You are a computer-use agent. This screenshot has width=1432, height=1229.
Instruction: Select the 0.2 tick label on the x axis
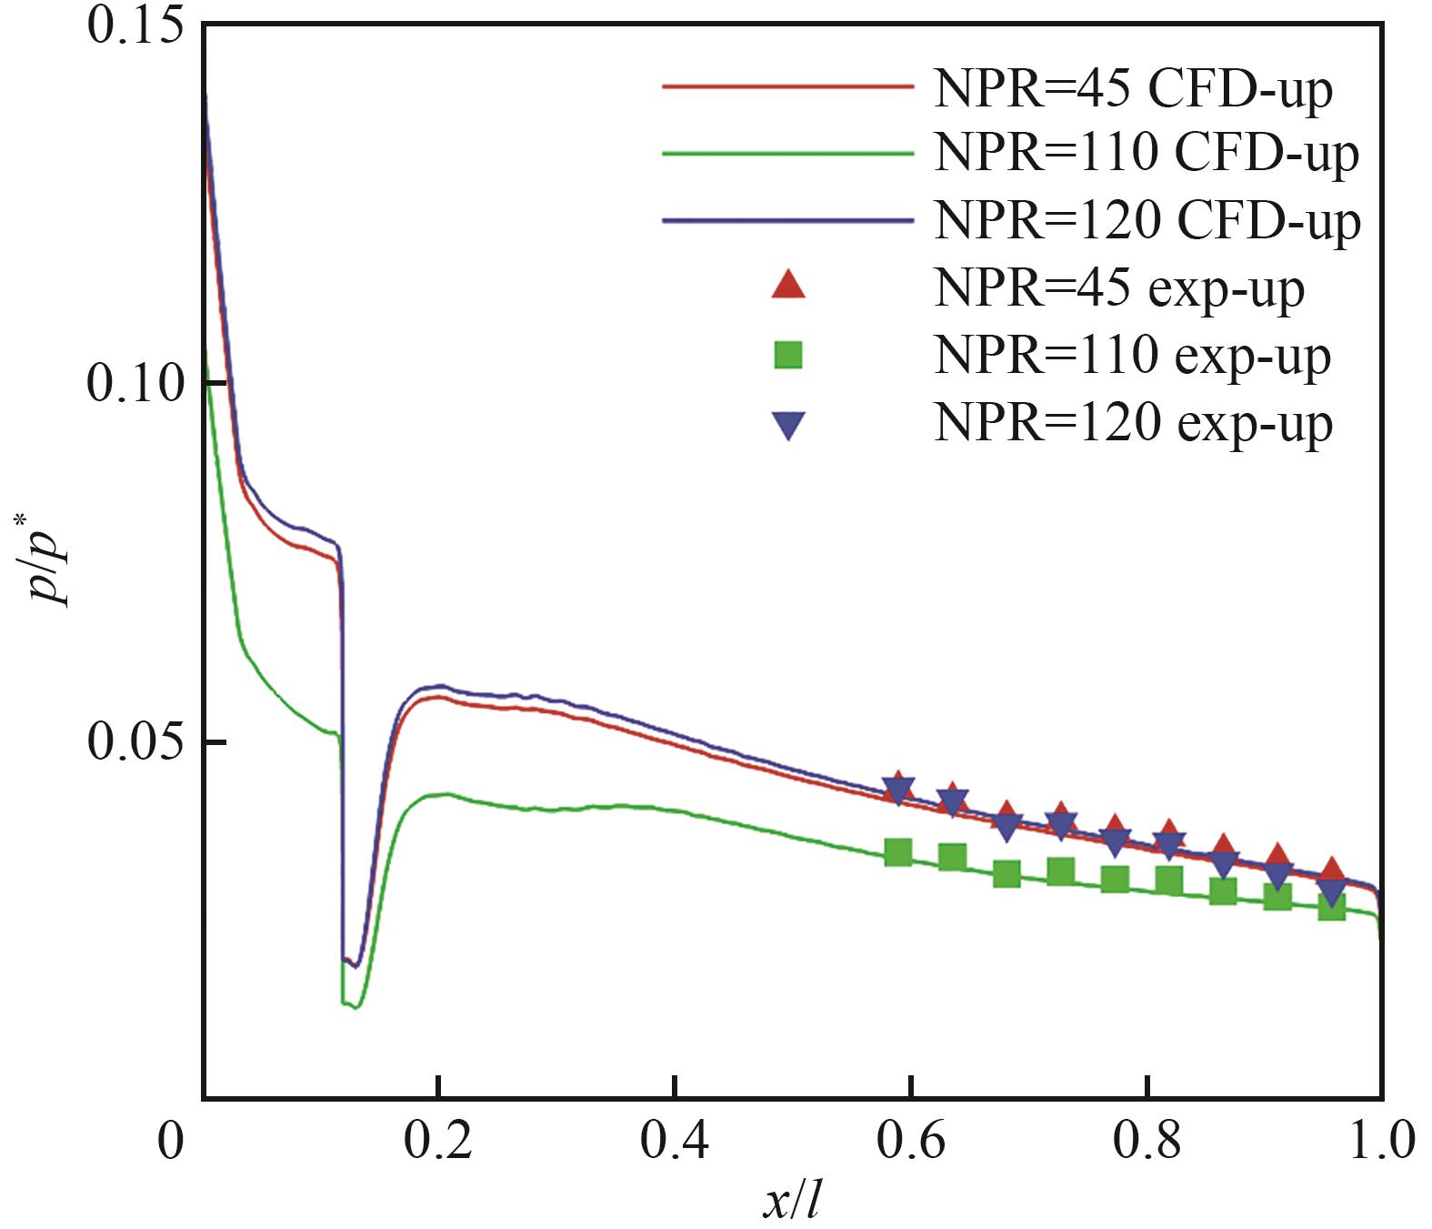(437, 1142)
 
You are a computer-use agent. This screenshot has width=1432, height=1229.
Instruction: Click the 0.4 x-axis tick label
(674, 1142)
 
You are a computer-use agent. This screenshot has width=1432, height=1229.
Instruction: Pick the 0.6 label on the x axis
(910, 1142)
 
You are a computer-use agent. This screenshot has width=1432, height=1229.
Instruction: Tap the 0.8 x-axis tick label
(1147, 1142)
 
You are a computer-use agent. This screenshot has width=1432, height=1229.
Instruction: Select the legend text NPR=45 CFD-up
(1133, 88)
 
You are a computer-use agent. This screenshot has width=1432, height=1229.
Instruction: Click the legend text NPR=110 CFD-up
(1147, 154)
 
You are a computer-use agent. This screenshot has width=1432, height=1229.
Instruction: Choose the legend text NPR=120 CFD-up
(1147, 220)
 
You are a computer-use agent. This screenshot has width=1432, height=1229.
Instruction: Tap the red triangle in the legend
(788, 286)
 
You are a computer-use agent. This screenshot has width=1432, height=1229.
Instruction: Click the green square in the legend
(788, 355)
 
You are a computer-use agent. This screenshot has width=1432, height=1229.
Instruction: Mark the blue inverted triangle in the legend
(788, 425)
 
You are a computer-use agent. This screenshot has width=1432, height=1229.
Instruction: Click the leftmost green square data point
(898, 852)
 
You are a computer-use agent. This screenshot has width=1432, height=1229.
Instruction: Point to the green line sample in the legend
(787, 154)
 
